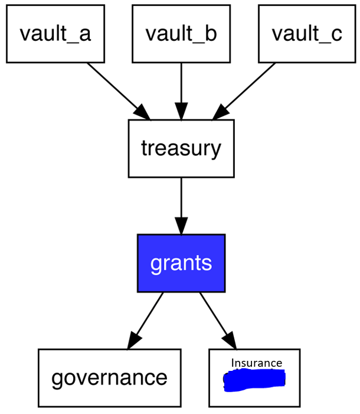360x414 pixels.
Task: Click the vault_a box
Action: (55, 34)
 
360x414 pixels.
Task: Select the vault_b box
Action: (181, 34)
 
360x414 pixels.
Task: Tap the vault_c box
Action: (307, 34)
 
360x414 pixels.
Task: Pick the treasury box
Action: (181, 148)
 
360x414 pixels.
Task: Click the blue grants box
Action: (181, 263)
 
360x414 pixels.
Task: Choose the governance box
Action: (109, 377)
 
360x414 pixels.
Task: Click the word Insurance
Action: (256, 363)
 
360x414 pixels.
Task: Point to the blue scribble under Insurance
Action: (254, 380)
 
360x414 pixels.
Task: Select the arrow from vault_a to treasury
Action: (116, 89)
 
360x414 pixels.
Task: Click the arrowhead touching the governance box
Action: (134, 340)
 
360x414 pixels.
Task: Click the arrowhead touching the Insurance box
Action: (229, 340)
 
